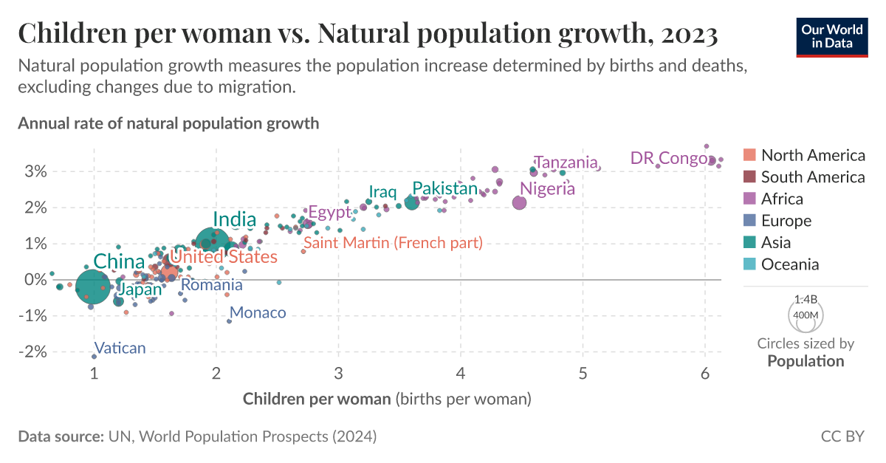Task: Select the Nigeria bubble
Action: [519, 202]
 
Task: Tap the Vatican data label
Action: [120, 348]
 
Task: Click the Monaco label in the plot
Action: [258, 312]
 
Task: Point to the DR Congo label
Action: [669, 158]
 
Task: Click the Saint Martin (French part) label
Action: [393, 242]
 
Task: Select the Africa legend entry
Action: [782, 199]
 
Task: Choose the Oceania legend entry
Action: [789, 264]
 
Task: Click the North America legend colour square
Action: [750, 155]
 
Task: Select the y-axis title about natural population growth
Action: [168, 123]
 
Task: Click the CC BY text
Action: [842, 436]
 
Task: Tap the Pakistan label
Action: [444, 188]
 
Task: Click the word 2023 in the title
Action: [684, 34]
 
